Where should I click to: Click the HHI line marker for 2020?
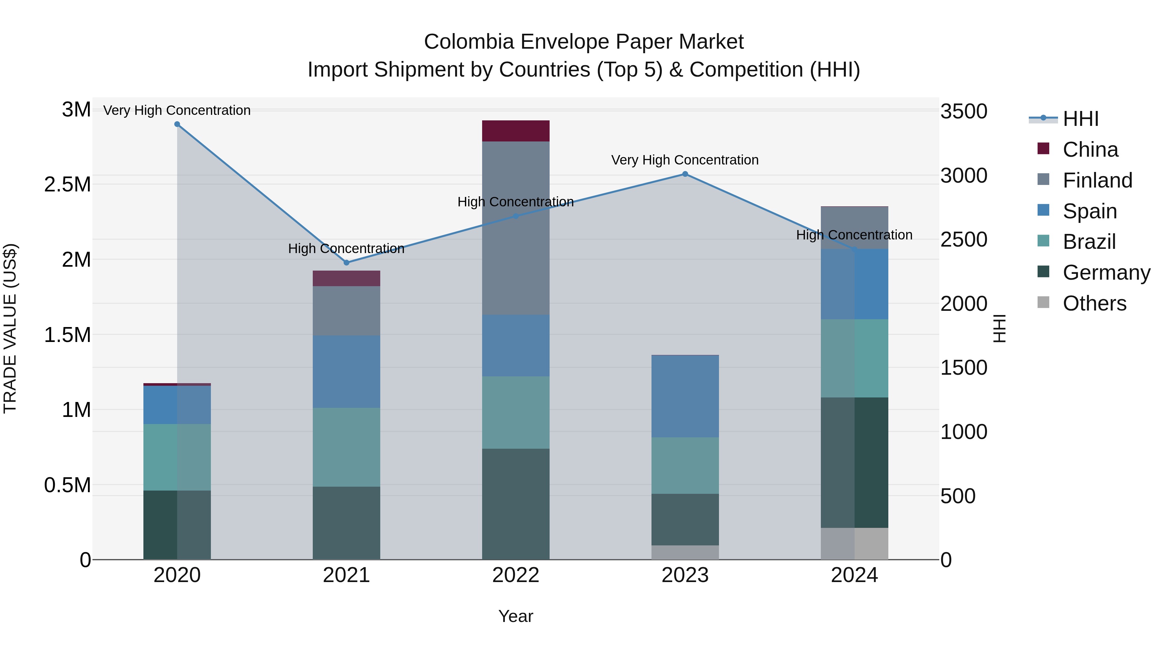177,124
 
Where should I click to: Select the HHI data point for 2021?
347,262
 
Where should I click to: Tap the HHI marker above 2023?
685,174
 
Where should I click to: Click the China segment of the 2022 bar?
516,131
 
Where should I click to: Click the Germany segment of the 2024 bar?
854,462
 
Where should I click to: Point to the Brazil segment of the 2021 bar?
347,447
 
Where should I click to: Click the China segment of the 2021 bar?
347,278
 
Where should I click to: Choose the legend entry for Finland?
1097,180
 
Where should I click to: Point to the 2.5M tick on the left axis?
67,185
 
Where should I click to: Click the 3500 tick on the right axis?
964,112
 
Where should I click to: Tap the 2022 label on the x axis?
516,575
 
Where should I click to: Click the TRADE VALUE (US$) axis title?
10,328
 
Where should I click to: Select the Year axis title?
516,616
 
